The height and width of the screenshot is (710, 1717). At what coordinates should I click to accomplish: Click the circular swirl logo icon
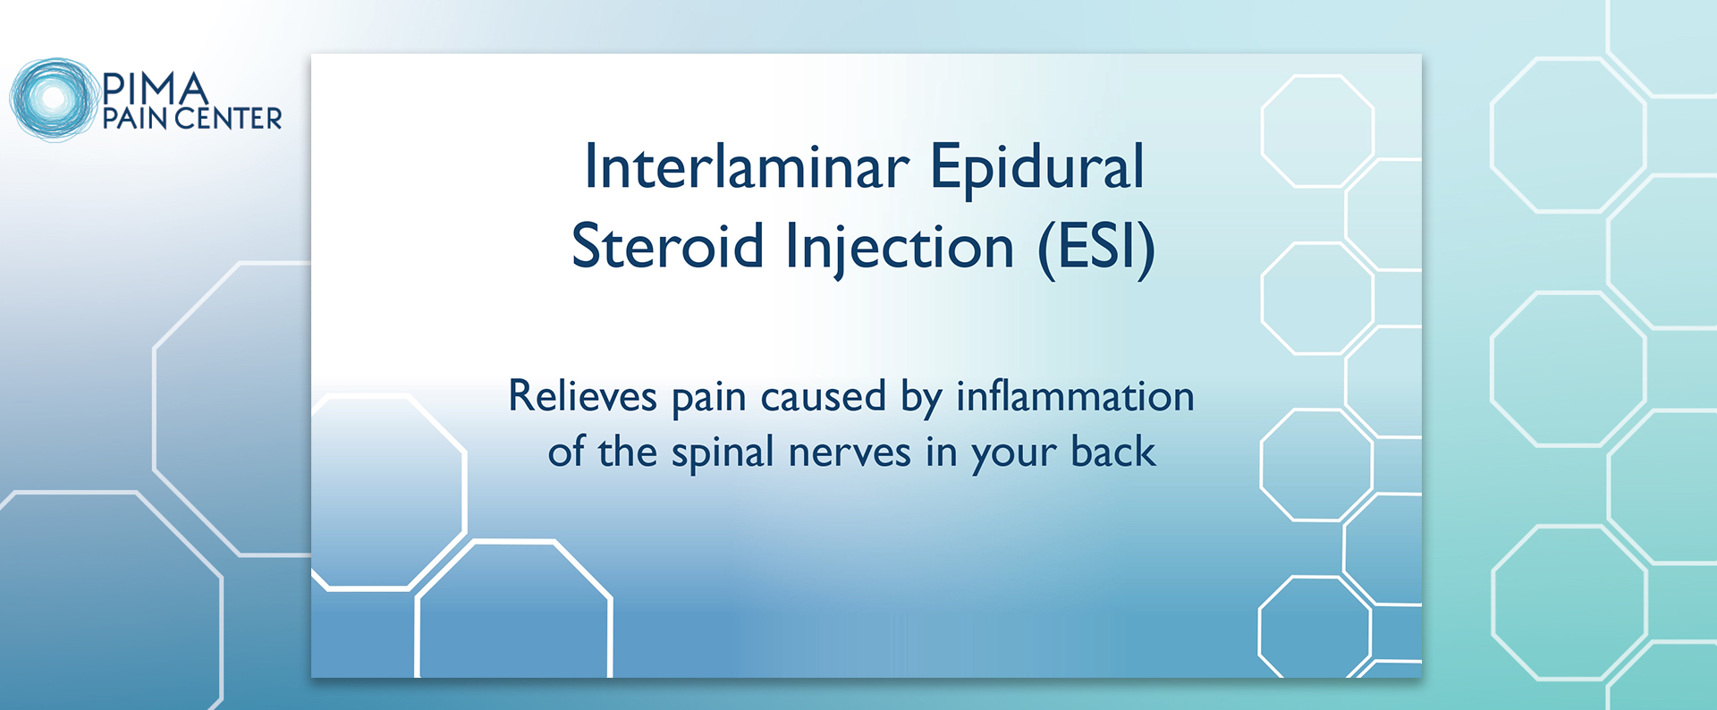(53, 99)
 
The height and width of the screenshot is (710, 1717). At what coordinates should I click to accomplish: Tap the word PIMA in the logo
(156, 89)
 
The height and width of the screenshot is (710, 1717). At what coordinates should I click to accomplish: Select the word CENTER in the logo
(229, 118)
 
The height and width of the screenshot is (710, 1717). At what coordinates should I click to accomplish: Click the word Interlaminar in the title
(747, 166)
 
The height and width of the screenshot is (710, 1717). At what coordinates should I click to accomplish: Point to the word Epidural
(1037, 168)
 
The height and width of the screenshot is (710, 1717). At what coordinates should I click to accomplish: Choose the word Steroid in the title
(667, 246)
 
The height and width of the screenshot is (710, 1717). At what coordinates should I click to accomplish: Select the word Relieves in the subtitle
(582, 395)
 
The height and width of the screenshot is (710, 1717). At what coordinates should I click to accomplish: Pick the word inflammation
(1075, 395)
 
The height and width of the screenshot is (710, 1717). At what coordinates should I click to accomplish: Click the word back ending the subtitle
(1113, 452)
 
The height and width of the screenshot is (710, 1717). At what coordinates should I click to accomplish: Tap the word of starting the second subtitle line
(565, 452)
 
